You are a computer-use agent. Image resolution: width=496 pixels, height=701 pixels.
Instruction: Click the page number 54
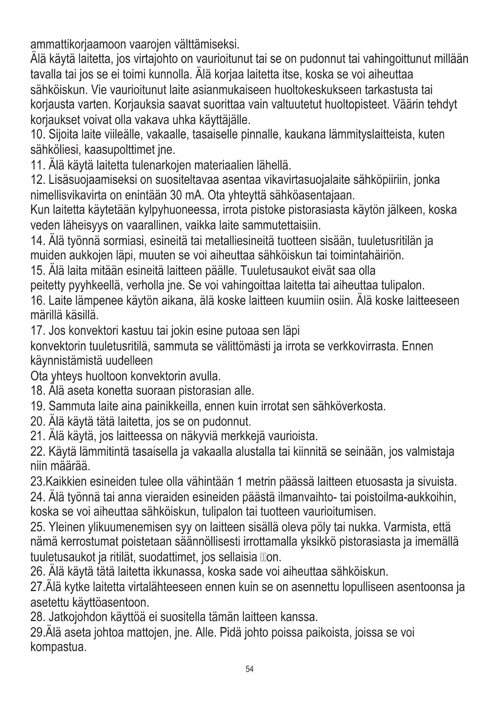(x=249, y=669)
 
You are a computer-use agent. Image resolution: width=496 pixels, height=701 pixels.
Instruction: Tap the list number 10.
(x=37, y=134)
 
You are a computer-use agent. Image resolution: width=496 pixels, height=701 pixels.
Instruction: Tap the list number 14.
(x=37, y=241)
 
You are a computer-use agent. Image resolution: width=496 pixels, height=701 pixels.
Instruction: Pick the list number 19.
(x=37, y=407)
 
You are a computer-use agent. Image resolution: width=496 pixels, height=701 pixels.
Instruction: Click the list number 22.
(x=37, y=452)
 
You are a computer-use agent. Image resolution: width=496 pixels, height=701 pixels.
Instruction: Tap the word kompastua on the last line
(x=58, y=647)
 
